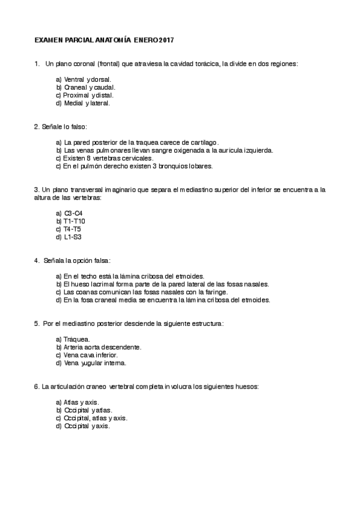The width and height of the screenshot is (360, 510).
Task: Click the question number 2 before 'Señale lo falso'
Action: point(36,127)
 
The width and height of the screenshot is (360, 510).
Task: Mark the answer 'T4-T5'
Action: point(69,229)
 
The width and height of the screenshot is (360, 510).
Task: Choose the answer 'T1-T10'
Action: point(70,221)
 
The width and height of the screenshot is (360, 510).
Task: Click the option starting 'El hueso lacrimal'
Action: point(162,284)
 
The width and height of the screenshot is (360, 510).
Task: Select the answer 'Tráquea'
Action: point(73,339)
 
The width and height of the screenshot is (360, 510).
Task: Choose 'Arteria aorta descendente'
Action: point(99,347)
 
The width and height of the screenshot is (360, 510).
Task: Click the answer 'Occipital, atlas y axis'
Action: point(91,418)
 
